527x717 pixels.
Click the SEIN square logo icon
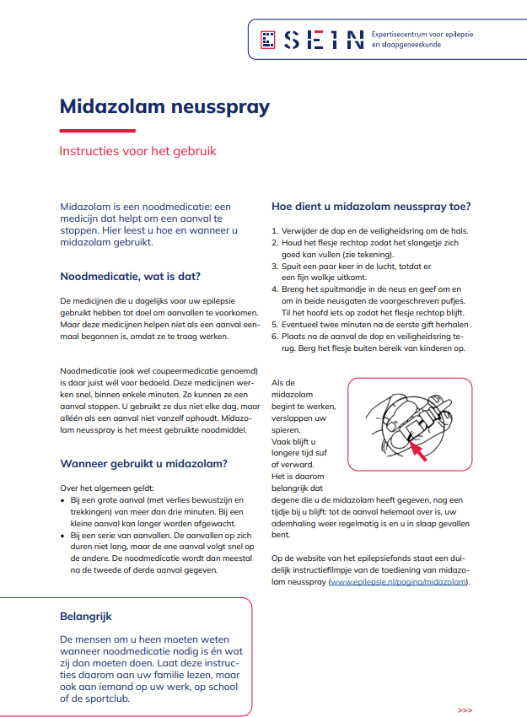269,39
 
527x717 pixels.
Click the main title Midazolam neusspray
164,107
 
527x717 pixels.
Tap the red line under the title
97,130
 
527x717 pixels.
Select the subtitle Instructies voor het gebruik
137,151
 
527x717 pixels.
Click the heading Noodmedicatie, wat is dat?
130,276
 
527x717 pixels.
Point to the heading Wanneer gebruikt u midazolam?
143,462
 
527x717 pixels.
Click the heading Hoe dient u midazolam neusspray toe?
371,207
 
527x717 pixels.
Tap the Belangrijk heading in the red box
86,617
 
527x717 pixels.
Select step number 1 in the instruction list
275,231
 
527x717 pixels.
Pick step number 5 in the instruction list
275,324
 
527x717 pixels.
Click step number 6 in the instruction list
275,336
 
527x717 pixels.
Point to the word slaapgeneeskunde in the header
411,45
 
